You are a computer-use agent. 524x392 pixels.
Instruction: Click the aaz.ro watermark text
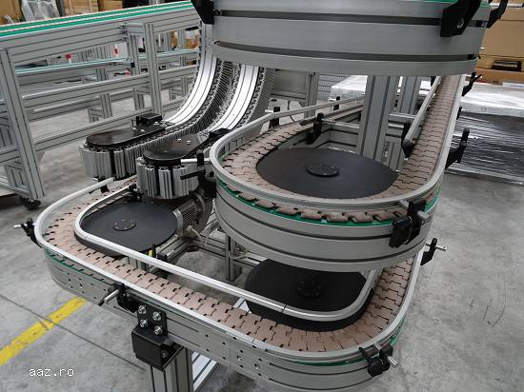(51, 372)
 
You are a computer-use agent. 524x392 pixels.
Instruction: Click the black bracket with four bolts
(151, 321)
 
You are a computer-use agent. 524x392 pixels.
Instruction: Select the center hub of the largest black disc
(323, 170)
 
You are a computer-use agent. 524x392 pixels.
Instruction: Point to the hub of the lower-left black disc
(125, 225)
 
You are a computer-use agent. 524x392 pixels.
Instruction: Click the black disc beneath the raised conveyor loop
(306, 287)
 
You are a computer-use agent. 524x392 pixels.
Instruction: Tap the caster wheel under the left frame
(30, 203)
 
